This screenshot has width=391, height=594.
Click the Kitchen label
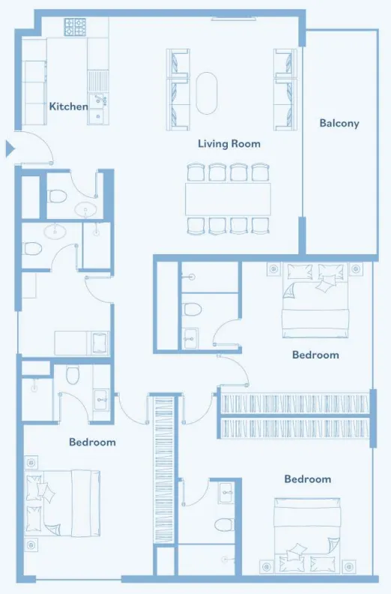68,106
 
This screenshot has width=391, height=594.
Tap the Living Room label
229,143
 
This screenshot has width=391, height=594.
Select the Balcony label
339,123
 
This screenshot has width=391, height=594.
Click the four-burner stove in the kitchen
75,27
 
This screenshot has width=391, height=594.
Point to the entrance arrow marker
10,148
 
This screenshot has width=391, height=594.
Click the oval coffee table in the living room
207,93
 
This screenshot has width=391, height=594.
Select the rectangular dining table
228,199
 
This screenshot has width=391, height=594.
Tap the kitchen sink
98,101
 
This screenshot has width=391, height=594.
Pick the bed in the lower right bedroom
307,535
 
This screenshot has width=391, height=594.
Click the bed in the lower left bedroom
62,503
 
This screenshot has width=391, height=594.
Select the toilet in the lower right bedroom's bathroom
223,525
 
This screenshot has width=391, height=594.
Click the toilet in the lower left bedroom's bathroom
73,375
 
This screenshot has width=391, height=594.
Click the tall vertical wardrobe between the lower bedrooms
164,470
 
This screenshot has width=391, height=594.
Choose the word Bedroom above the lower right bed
308,479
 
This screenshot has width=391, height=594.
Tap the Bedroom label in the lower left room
92,442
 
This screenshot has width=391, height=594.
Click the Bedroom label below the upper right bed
315,355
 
